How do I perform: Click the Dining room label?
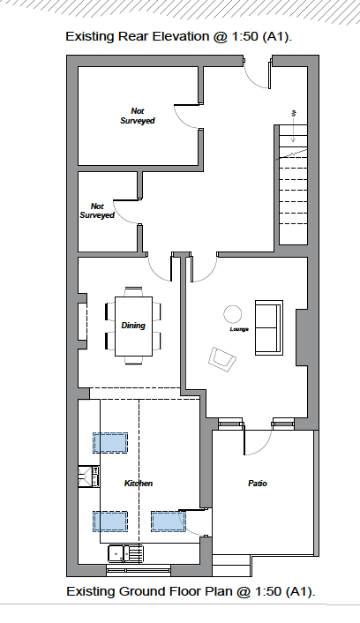133,326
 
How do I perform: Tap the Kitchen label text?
139,484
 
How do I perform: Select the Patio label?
258,484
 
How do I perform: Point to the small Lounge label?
239,329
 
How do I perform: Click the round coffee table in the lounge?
232,314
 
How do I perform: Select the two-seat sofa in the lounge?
269,327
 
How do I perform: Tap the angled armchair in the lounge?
221,359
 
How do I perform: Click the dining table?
133,327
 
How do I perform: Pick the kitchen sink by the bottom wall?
125,553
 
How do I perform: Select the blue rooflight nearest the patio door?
168,522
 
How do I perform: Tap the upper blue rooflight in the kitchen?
110,443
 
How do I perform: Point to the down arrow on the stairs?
293,126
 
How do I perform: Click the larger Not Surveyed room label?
138,116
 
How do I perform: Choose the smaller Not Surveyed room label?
97,211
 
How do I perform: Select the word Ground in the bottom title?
140,591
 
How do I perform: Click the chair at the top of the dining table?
134,291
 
